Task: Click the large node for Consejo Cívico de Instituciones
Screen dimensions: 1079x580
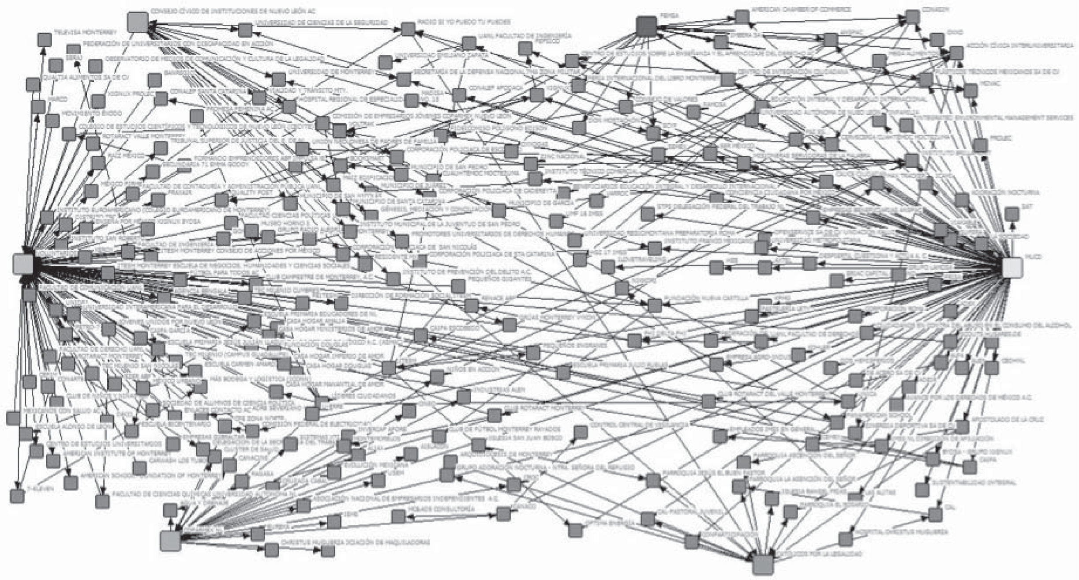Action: [138, 22]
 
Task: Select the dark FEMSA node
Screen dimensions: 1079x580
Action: [647, 26]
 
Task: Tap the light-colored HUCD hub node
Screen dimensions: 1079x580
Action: [1012, 267]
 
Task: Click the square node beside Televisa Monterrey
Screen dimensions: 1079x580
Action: [44, 40]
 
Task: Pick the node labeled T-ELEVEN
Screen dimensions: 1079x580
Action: [17, 496]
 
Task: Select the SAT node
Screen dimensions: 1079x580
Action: [1012, 214]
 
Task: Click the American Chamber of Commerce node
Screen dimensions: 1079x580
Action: [742, 17]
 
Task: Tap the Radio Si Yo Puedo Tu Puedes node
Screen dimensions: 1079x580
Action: [408, 29]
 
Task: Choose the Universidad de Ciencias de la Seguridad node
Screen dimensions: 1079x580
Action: [245, 30]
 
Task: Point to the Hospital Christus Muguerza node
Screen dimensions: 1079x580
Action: [845, 539]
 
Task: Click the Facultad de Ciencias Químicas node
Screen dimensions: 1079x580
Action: [102, 501]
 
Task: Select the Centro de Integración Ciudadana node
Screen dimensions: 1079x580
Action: [727, 79]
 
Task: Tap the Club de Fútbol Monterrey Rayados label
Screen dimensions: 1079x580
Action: [504, 429]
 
